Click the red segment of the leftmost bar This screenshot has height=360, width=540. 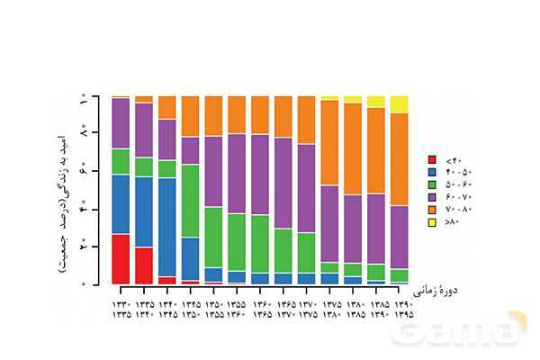[121, 259]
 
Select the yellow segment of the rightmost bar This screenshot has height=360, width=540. [399, 103]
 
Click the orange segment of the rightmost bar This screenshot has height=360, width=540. [399, 159]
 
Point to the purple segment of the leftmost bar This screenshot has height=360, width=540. [121, 123]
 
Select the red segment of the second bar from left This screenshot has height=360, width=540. [144, 265]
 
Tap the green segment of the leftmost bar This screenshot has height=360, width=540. [121, 161]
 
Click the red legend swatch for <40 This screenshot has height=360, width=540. [432, 158]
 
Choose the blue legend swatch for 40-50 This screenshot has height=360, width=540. [432, 171]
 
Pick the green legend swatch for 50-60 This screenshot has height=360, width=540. [432, 184]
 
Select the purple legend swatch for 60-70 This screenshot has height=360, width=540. [432, 196]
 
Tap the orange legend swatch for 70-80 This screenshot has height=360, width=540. [432, 209]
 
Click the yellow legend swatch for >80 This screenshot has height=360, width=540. [432, 221]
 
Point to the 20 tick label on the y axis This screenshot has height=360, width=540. [82, 246]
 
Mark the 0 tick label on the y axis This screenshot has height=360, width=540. [82, 283]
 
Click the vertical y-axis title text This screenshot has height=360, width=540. [63, 189]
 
